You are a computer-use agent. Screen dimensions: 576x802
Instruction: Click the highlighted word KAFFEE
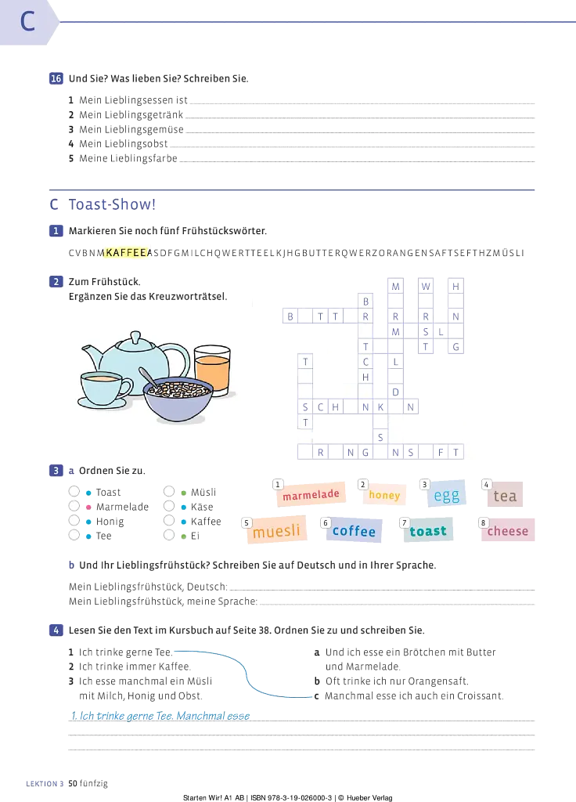[126, 253]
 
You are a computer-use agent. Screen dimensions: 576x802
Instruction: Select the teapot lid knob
[135, 338]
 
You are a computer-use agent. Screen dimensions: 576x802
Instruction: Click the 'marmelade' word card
[311, 495]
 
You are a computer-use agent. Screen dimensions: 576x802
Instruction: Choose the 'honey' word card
[384, 495]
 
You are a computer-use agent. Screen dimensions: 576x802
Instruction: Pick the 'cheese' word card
[507, 531]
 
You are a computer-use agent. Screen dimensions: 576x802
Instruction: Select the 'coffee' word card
[354, 531]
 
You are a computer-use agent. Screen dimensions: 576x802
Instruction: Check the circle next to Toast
[74, 492]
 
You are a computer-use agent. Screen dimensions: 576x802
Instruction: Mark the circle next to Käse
[169, 507]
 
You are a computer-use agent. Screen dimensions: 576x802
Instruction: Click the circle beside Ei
[169, 536]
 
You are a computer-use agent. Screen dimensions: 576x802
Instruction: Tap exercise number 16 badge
[56, 78]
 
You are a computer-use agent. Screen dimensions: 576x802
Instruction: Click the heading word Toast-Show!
[113, 204]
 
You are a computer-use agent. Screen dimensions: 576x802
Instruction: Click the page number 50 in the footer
[73, 783]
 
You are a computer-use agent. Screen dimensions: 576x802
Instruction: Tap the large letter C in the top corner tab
[27, 21]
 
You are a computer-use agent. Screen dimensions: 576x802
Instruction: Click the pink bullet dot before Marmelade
[88, 507]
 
